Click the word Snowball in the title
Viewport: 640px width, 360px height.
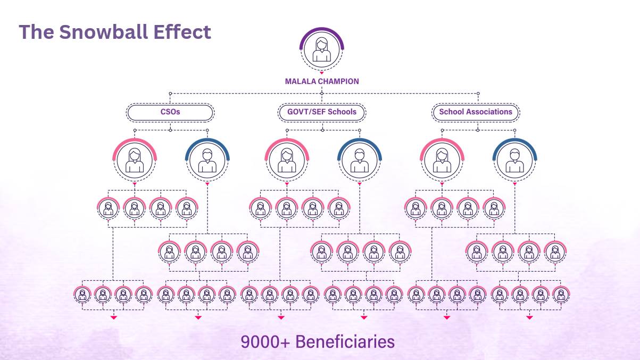point(104,32)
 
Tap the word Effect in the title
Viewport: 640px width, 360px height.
point(182,32)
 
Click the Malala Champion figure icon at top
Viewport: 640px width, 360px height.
point(322,49)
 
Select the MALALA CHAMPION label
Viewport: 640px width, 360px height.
point(322,81)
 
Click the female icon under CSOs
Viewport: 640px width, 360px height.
point(135,160)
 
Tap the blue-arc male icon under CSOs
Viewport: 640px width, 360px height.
point(207,160)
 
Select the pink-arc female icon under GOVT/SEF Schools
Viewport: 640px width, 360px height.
point(287,160)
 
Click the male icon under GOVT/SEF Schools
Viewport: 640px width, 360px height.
point(360,160)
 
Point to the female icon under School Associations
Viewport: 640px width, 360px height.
point(442,160)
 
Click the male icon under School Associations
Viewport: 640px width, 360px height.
point(515,160)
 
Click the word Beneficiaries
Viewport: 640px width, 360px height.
point(345,342)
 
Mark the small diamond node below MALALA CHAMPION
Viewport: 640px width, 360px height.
point(322,94)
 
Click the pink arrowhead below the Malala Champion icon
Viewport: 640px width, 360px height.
point(322,73)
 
